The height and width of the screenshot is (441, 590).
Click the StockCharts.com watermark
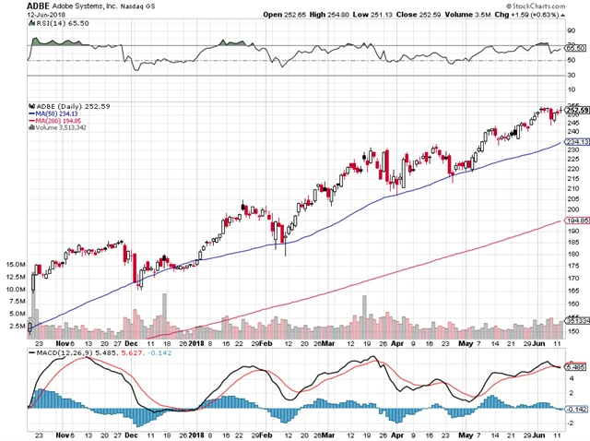[556, 5]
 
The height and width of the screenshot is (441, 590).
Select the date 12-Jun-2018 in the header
[20, 15]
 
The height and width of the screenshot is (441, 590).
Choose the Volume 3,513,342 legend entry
[63, 128]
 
